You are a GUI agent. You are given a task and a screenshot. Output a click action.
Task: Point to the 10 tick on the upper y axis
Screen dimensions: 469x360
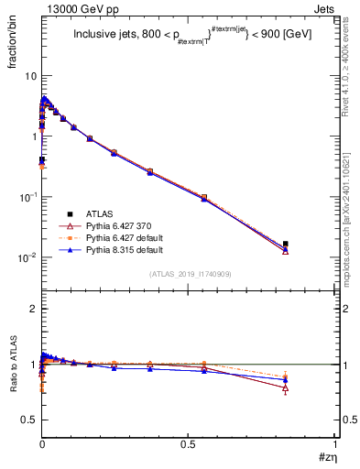tap(31, 76)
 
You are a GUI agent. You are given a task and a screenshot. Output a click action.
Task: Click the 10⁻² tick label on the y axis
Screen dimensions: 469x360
tap(27, 257)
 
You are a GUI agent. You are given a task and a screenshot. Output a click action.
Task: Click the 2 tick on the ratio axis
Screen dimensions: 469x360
tap(33, 309)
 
